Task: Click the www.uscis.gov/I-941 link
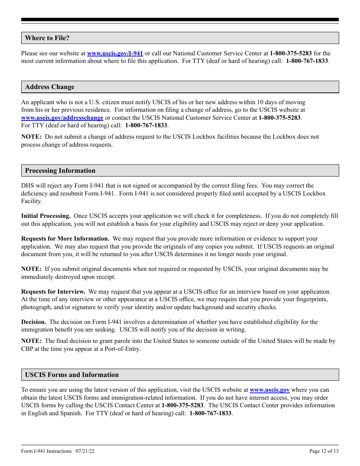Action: pos(115,53)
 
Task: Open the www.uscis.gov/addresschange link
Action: pos(62,118)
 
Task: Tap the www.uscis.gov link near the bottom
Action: pos(269,390)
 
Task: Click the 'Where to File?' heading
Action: pos(47,38)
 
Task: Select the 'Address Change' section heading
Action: pos(50,87)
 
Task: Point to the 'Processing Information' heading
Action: pos(60,170)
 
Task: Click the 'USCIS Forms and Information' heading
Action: pos(72,375)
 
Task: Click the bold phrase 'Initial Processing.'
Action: pos(46,216)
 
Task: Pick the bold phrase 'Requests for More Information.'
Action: pos(65,239)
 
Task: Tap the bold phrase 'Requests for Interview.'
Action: pos(53,292)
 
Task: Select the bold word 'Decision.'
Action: pos(34,322)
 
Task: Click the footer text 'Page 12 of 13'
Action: pos(324,451)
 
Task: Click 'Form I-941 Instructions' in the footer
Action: pos(46,451)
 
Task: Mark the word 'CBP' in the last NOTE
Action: pos(27,349)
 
